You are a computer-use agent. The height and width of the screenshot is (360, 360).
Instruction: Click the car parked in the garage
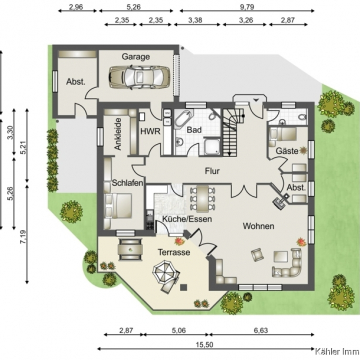point(139,77)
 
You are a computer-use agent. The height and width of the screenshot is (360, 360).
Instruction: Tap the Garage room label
point(135,57)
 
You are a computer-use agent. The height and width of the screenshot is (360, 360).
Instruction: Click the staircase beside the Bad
point(231,132)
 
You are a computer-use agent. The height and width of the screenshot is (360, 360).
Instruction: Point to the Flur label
point(212,171)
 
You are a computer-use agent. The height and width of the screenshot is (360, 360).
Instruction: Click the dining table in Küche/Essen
point(202,198)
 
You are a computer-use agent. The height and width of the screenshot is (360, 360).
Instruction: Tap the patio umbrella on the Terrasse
point(164,270)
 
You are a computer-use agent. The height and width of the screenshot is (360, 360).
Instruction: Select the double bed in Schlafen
point(118,206)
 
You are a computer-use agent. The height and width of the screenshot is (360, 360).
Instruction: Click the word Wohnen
point(258,226)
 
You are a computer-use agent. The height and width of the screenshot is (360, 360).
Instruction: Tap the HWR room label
point(150,131)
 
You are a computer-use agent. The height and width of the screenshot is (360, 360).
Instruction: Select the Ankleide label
point(117,134)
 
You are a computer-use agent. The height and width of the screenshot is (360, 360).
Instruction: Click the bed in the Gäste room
point(283,134)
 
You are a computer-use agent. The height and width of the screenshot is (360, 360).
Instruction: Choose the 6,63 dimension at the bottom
point(261,331)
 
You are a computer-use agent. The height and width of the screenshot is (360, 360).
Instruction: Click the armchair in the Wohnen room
point(257,255)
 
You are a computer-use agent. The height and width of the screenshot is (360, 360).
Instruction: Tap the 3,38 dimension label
point(195,20)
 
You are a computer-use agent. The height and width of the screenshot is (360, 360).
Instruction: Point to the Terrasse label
point(174,252)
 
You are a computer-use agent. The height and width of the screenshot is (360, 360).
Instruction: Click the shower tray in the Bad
point(211,147)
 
